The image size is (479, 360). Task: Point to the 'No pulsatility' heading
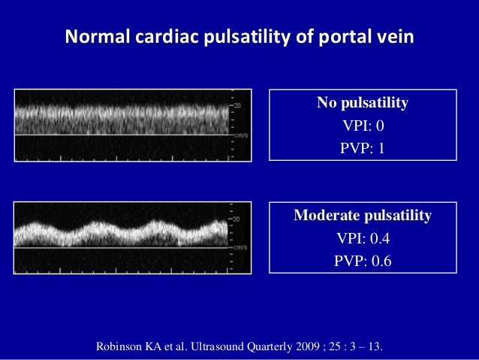click(363, 103)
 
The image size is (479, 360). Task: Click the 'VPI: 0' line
click(363, 126)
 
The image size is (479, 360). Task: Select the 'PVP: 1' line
click(363, 148)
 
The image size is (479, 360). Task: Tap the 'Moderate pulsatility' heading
click(363, 216)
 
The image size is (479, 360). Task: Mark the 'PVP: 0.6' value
click(363, 262)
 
